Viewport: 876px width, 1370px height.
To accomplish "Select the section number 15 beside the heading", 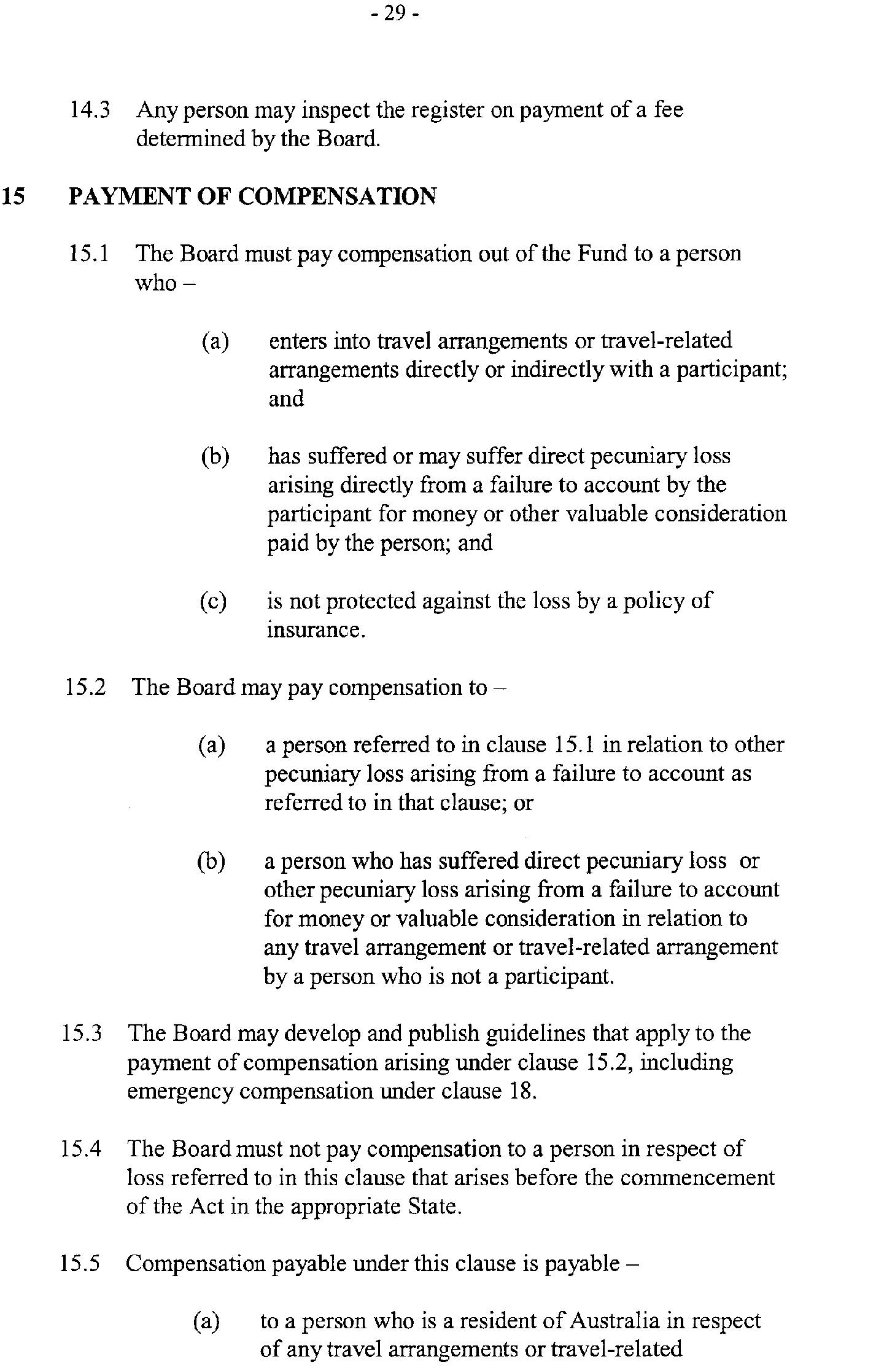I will click(13, 197).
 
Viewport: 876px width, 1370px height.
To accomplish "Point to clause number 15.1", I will click(89, 254).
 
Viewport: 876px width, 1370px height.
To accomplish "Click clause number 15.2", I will click(85, 687).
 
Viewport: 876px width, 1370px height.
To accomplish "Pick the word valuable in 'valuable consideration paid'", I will click(606, 513).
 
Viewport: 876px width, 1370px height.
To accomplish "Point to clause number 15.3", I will click(82, 1033).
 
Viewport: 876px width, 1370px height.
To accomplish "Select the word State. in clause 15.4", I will click(434, 1207).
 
